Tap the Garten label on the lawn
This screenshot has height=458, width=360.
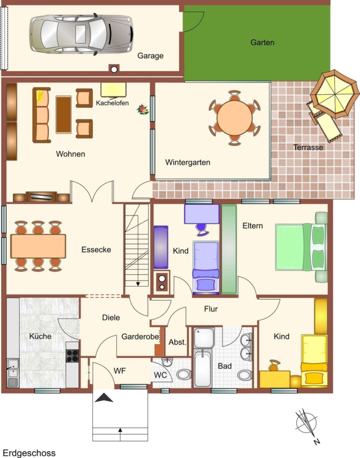point(262,42)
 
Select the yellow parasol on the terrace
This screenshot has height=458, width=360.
point(335,94)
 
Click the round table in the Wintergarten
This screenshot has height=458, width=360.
point(234,118)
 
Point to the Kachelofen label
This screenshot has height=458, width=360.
point(112,103)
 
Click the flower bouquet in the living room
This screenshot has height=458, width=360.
point(143,109)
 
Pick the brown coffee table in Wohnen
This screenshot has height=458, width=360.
point(64,114)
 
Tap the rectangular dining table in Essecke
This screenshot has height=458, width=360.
point(38,246)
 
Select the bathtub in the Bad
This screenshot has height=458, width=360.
point(203,368)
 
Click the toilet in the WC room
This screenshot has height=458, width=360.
point(184,375)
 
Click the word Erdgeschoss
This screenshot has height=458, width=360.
point(29,453)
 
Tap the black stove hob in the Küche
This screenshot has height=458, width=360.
point(72,356)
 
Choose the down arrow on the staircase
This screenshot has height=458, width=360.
point(138,283)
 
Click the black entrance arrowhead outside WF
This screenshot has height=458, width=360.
point(104,397)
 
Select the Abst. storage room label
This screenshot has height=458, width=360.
point(177,342)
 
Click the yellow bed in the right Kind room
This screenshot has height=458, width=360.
point(314,360)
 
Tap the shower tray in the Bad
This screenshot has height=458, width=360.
point(204,338)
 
